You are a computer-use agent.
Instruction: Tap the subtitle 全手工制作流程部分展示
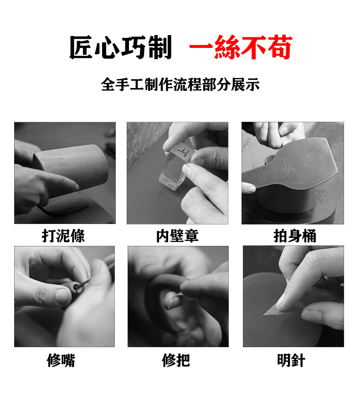coord(180,85)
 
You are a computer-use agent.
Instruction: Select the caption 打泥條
coord(63,236)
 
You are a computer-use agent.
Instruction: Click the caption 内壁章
coord(177,236)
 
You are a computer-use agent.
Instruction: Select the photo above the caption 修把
coord(178,297)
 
